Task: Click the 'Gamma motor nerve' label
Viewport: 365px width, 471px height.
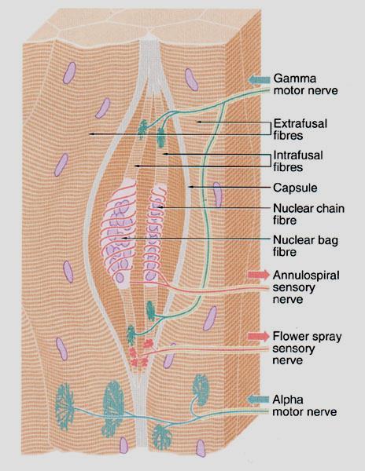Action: pos(305,85)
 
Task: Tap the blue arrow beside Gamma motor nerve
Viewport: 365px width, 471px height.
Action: pos(259,79)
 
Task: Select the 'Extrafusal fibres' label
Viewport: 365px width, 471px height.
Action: pos(300,130)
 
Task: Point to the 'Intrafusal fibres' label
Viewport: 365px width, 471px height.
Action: pos(298,161)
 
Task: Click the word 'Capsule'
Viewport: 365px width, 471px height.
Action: pos(295,188)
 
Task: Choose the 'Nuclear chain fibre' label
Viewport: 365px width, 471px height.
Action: pos(308,214)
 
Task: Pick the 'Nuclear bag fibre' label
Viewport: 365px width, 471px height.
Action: pos(305,246)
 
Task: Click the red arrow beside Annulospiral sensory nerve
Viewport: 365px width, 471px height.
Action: pos(259,275)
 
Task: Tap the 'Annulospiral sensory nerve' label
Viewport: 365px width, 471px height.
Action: pos(306,287)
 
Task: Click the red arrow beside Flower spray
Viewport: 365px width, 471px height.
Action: pos(259,336)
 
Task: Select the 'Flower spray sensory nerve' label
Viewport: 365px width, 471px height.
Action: pos(307,348)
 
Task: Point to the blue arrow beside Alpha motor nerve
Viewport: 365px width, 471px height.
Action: pos(258,400)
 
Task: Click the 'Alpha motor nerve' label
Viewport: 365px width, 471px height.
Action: pos(304,406)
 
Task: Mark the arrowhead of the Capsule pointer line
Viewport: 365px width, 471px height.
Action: pos(190,187)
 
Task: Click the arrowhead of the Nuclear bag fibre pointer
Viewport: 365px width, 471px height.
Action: pos(124,238)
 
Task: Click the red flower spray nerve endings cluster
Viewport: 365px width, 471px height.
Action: pos(140,353)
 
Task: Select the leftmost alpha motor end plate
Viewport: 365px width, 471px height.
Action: pos(65,406)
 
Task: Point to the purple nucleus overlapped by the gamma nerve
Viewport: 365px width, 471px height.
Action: pos(217,195)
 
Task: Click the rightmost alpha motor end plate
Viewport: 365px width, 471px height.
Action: pos(201,389)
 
